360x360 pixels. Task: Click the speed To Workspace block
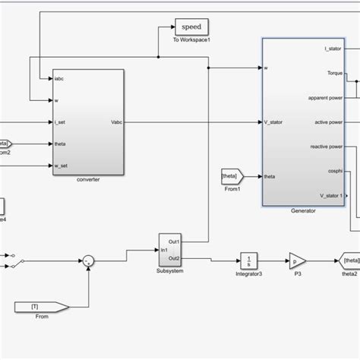coord(191,27)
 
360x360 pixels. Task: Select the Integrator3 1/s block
coord(248,261)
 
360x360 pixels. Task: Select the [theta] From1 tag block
coord(230,176)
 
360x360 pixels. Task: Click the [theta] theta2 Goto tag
coord(350,261)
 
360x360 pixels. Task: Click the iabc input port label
coord(60,79)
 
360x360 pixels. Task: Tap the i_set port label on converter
coord(61,122)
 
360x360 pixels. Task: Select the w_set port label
coord(62,164)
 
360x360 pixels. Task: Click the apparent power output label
coord(324,97)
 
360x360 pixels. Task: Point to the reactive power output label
coord(326,146)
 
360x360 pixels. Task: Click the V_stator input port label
coord(273,122)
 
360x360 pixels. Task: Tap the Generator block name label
coord(303,211)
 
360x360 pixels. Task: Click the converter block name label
coord(88,180)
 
